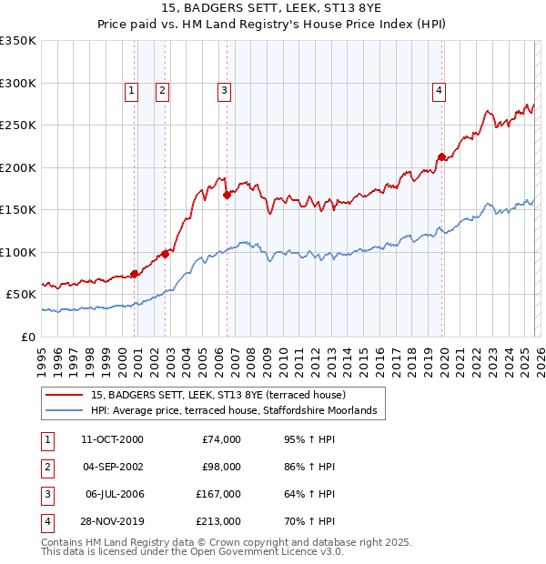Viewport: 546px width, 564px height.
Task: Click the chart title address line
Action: click(x=272, y=8)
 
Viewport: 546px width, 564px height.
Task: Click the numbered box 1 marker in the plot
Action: click(x=132, y=90)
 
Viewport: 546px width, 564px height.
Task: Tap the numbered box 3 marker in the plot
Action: click(x=223, y=90)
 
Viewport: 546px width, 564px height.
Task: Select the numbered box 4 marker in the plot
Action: click(x=439, y=90)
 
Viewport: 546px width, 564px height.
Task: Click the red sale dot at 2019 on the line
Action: click(x=441, y=156)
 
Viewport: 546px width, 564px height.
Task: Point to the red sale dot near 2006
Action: click(x=227, y=195)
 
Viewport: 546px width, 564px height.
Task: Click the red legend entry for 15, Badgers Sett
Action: click(x=217, y=395)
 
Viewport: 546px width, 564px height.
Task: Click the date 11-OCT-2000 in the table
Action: click(x=112, y=439)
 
